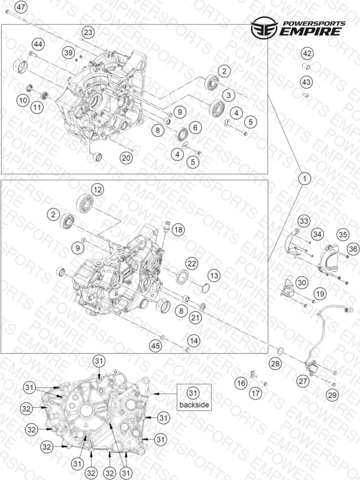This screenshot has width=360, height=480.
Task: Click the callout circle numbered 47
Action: (21, 7)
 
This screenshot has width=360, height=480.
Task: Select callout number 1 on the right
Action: (305, 178)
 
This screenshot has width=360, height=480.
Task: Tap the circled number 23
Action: (88, 32)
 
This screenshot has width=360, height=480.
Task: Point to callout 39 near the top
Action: (69, 53)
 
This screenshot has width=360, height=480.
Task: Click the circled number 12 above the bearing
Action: (97, 190)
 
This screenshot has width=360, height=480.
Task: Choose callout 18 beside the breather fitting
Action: (178, 229)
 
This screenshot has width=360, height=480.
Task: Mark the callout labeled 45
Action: (155, 346)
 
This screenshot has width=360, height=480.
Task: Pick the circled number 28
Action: (275, 364)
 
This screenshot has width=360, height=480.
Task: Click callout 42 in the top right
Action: (307, 54)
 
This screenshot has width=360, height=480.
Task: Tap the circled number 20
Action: (126, 158)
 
